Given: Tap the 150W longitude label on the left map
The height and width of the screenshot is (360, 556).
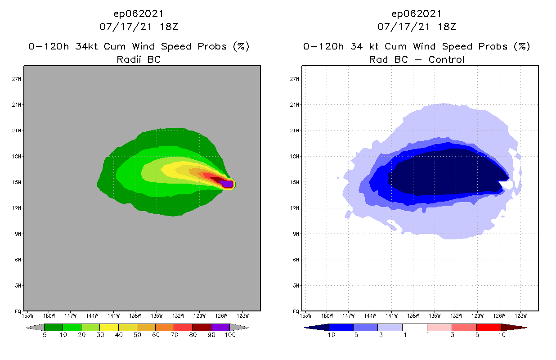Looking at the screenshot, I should click(x=49, y=315).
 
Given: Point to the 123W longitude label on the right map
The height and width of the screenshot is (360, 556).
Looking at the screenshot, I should click(x=520, y=315).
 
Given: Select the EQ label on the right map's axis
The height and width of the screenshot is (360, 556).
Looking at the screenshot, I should click(x=296, y=311).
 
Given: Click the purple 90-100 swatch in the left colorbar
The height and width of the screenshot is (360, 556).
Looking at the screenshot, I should click(x=220, y=327).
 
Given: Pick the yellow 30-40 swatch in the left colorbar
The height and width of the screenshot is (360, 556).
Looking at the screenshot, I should click(x=109, y=327).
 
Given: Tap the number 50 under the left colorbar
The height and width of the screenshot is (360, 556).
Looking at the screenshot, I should click(x=137, y=335).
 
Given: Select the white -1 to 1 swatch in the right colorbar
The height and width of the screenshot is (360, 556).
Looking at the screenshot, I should click(x=415, y=327).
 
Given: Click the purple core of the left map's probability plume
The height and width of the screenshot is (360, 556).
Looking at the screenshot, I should click(x=229, y=184).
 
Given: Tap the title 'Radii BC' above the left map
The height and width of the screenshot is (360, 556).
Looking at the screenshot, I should click(x=139, y=59).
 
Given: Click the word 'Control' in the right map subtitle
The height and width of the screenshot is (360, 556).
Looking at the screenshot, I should click(x=446, y=59).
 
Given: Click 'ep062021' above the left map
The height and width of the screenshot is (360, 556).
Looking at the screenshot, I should click(x=139, y=13).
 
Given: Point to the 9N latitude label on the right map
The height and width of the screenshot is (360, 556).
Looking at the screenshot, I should click(x=296, y=234).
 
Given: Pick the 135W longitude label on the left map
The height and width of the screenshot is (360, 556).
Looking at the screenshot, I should click(x=157, y=315).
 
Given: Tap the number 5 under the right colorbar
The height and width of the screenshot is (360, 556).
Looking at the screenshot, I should click(x=476, y=335).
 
